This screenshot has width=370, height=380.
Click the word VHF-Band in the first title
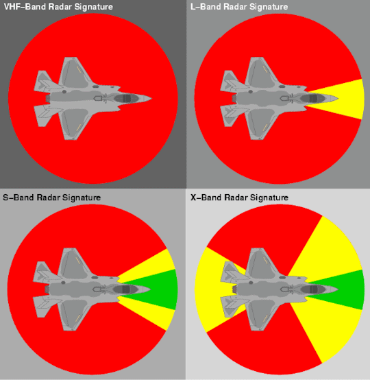pos(25,7)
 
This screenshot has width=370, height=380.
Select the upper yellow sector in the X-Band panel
pos(332,252)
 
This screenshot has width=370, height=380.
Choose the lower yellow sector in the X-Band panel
pos(332,327)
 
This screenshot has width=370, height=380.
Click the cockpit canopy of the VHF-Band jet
pos(127,98)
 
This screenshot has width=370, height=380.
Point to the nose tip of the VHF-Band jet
pos(151,98)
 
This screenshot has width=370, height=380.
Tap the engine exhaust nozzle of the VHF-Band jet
pos(48,98)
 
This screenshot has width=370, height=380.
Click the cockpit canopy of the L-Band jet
pos(312,98)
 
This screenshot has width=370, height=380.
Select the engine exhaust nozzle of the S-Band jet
pos(47,289)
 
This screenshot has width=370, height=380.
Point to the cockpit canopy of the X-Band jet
pos(312,289)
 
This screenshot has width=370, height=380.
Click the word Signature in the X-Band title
pos(269,198)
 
